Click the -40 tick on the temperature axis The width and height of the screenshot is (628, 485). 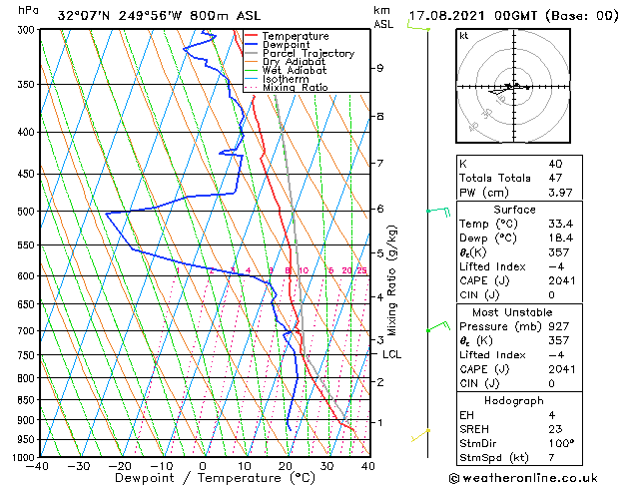pos(38,466)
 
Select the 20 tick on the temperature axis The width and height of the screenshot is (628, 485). pos(286,466)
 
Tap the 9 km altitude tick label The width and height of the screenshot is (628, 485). pos(380,69)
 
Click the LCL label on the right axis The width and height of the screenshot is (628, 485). pos(391,354)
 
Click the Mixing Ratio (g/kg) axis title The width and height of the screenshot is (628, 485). pos(393,280)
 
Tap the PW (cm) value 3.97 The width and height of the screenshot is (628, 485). pos(558,193)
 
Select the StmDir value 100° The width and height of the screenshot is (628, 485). pos(560,443)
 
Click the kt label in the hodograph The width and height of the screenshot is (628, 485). pos(463,35)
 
